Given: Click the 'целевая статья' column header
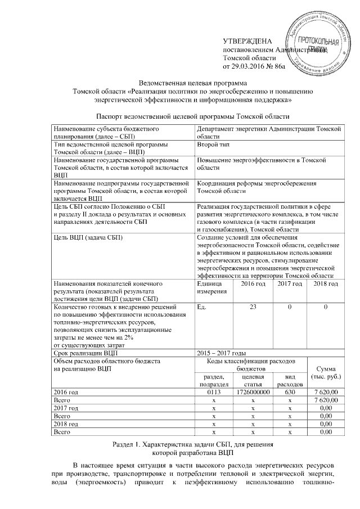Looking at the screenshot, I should [253, 379].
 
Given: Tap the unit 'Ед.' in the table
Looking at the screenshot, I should [202, 308].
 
